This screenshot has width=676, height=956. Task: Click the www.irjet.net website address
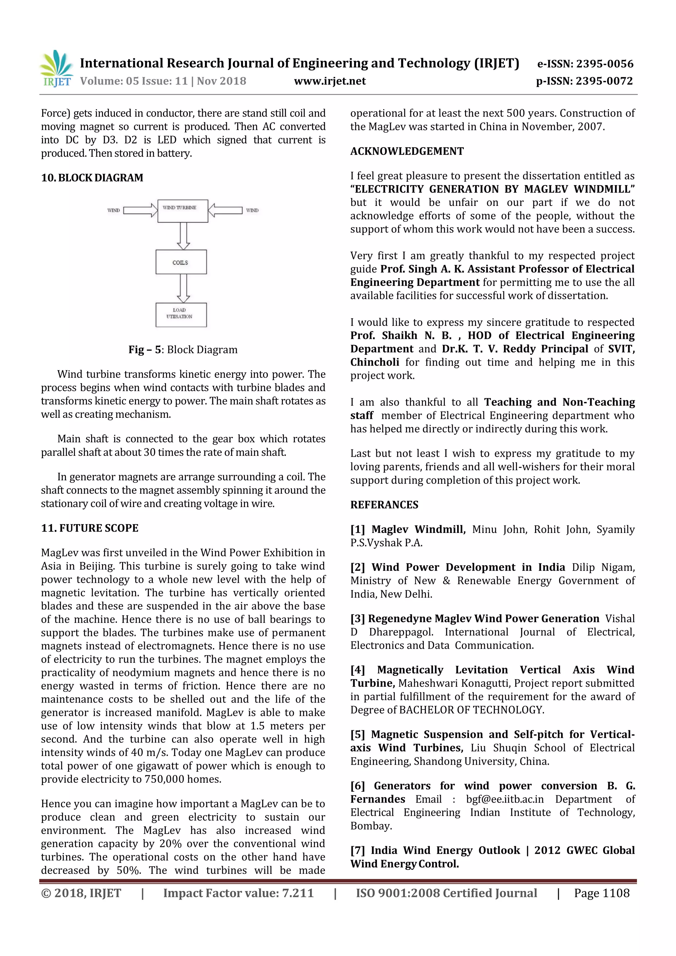click(329, 81)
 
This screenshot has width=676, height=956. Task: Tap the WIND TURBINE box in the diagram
click(183, 211)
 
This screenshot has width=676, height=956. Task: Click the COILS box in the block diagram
click(181, 262)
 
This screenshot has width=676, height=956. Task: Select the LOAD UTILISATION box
click(181, 314)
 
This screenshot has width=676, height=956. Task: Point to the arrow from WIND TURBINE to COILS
click(183, 236)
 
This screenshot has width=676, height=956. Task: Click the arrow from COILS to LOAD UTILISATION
click(183, 288)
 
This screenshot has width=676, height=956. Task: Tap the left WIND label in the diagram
click(113, 210)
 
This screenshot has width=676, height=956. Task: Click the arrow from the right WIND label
click(225, 210)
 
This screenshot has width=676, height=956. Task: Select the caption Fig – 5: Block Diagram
click(183, 349)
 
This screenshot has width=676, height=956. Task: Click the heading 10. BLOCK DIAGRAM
click(92, 178)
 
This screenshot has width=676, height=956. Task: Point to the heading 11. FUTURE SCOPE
click(89, 528)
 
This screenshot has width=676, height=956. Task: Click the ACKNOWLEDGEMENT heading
click(407, 151)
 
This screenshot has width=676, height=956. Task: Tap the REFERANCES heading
click(384, 505)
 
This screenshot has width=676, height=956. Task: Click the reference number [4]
click(357, 670)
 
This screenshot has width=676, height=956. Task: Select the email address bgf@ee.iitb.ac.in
click(504, 799)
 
